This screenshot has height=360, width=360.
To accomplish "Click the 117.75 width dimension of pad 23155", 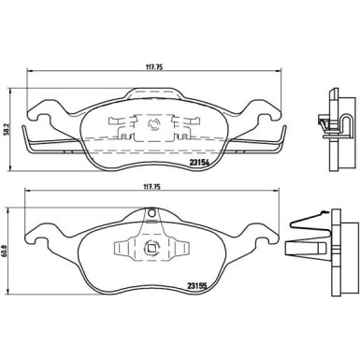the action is click(x=151, y=187).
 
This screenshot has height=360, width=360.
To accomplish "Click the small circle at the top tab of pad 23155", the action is click(x=151, y=213).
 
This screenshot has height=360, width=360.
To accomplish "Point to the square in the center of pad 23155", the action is click(x=151, y=249).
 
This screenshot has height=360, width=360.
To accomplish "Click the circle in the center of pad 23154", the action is click(x=154, y=124).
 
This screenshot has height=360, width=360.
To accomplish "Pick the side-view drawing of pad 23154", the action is click(x=337, y=129).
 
